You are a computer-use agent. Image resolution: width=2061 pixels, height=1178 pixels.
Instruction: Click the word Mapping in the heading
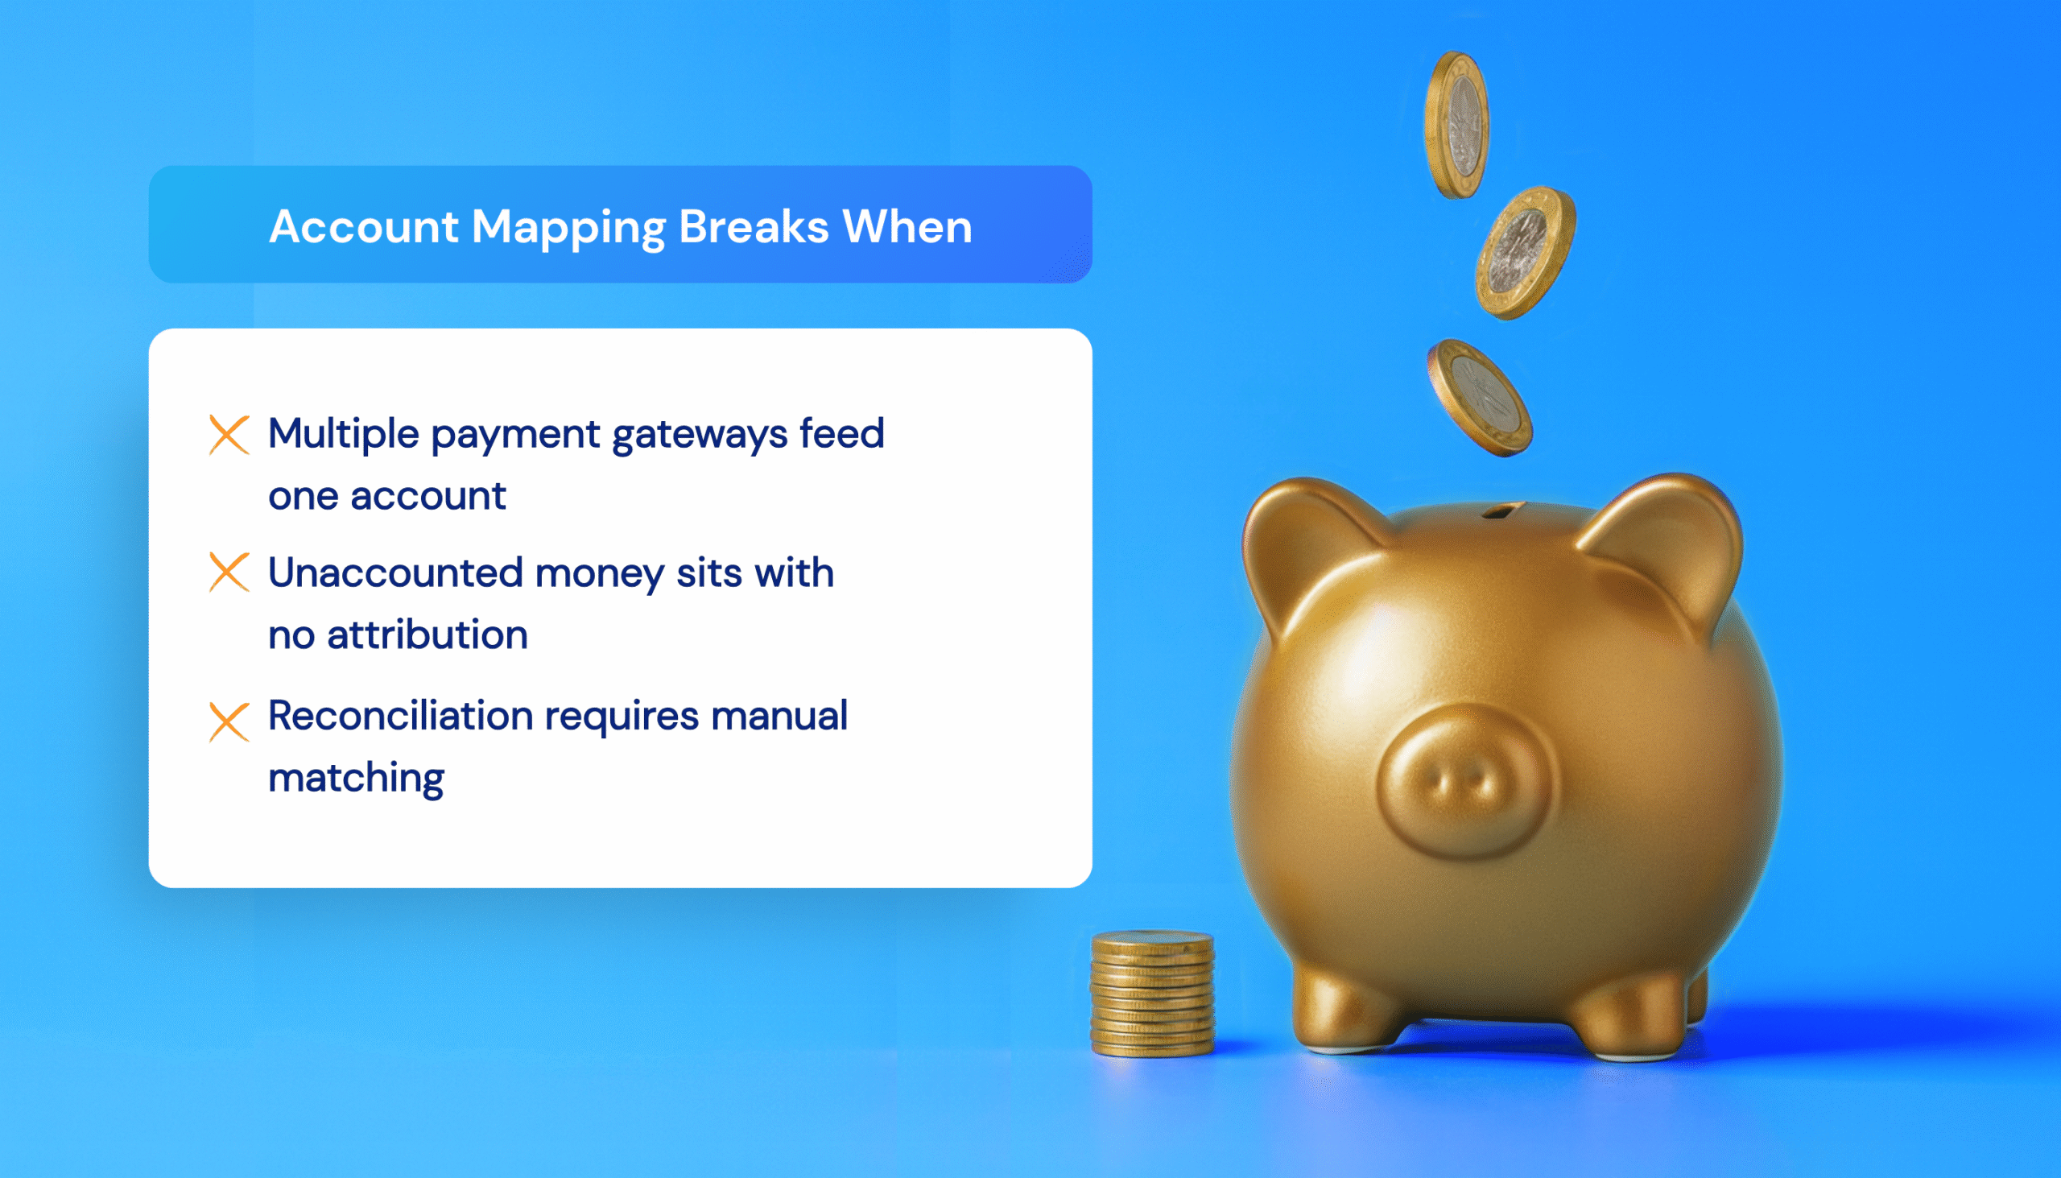tap(568, 227)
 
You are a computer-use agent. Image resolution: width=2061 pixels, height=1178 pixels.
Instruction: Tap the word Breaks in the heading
tap(753, 226)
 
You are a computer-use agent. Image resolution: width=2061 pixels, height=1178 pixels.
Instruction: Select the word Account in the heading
tap(364, 226)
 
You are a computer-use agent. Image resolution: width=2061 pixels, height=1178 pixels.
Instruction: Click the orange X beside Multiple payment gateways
tap(229, 435)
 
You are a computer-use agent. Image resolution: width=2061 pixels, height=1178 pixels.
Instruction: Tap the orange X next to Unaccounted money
tap(229, 572)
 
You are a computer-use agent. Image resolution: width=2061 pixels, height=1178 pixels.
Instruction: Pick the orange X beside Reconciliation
tap(229, 721)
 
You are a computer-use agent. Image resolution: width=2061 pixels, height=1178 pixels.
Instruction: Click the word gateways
tap(700, 436)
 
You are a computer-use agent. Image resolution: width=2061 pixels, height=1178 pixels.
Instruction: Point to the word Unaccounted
tap(395, 572)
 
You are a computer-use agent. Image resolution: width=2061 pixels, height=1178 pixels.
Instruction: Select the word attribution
tap(427, 634)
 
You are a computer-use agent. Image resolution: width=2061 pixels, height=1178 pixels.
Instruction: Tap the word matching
tap(356, 779)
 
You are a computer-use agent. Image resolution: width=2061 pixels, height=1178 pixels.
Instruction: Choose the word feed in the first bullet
tap(841, 434)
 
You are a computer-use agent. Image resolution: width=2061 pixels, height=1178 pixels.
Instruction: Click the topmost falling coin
tap(1456, 126)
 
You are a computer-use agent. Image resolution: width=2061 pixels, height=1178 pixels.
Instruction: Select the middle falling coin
tap(1525, 253)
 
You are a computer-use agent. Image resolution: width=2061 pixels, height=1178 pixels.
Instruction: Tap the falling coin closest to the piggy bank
tap(1480, 397)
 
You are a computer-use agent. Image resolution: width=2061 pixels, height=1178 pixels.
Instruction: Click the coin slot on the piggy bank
tap(1503, 510)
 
